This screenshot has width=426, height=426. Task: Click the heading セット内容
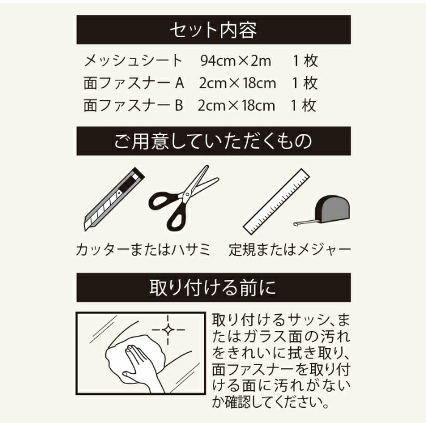[x=213, y=30]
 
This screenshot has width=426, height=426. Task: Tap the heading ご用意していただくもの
[x=213, y=141]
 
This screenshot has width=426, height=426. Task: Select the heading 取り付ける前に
[x=213, y=288]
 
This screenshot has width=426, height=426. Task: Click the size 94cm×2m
[x=236, y=61]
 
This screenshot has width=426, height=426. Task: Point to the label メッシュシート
[x=133, y=61]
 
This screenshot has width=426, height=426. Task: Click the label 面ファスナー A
[x=134, y=83]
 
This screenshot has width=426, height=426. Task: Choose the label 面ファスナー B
[x=133, y=105]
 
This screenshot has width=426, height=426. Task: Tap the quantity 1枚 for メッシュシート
[x=305, y=61]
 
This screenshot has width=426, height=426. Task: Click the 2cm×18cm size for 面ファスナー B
[x=236, y=106]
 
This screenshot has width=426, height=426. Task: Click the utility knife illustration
[x=114, y=199]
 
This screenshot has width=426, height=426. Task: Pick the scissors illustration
[x=183, y=198]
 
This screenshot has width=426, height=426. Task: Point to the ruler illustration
[x=276, y=201]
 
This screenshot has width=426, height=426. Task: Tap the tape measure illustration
[x=323, y=211]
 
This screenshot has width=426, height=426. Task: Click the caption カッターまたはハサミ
[x=143, y=250]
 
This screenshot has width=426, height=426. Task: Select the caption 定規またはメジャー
[x=290, y=250]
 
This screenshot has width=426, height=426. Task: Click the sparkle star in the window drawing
[x=168, y=330]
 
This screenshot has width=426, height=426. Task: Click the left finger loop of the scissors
[x=162, y=201]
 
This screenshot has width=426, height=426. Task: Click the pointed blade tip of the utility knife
[x=86, y=228]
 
